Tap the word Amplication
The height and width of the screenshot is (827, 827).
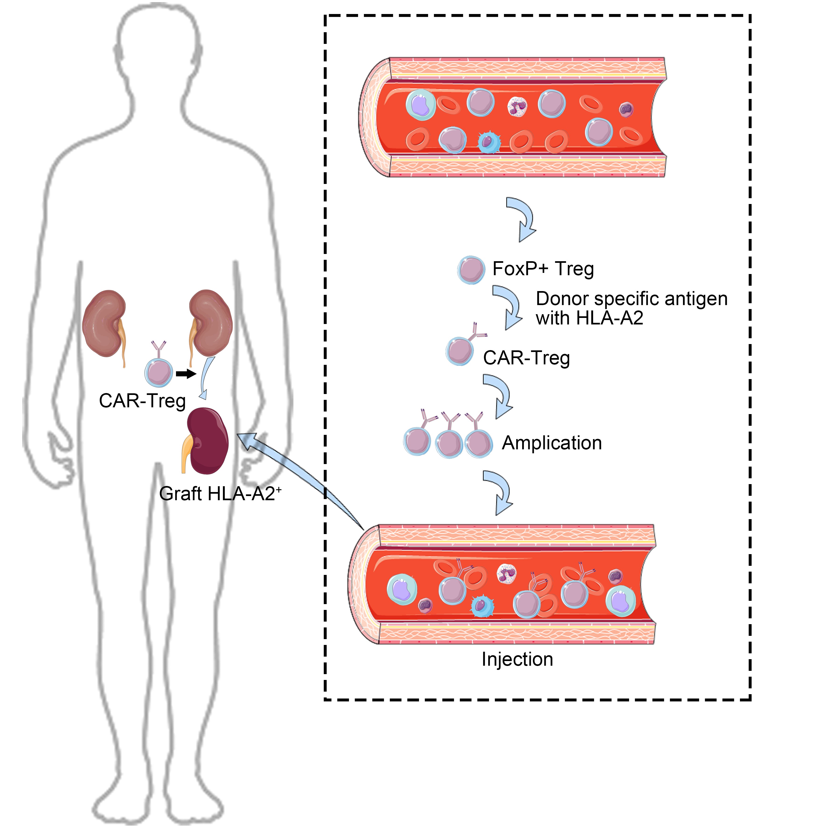(x=551, y=443)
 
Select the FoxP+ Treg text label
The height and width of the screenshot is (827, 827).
(x=543, y=269)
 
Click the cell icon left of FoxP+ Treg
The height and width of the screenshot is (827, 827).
(x=471, y=270)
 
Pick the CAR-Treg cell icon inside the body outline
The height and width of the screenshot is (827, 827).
(x=159, y=372)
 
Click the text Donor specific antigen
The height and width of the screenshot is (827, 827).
(x=631, y=299)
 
